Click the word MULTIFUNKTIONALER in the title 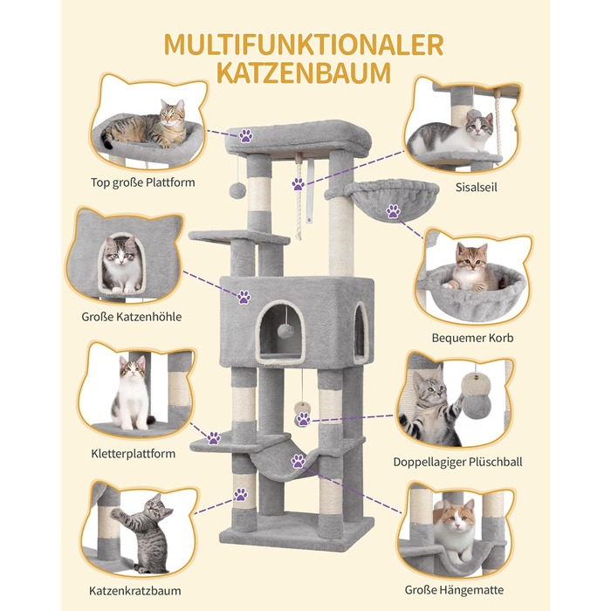pos(304,45)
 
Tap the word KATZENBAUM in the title pos(304,72)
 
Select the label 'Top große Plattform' pos(142,182)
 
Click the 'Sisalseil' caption pos(477,188)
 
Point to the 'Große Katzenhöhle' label pos(131,317)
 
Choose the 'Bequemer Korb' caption pos(472,338)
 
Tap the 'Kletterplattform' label pos(134,454)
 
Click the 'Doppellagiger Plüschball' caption pos(457,462)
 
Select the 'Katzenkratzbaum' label pos(134,591)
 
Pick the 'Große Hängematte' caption pos(454,590)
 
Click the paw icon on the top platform pos(246,136)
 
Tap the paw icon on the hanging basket pos(393,211)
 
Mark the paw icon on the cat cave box pos(244,297)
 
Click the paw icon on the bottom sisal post pos(240,495)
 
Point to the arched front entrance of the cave pos(280,333)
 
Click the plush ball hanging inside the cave pos(285,332)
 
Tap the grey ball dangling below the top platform pos(237,190)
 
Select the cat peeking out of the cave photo pos(122,264)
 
